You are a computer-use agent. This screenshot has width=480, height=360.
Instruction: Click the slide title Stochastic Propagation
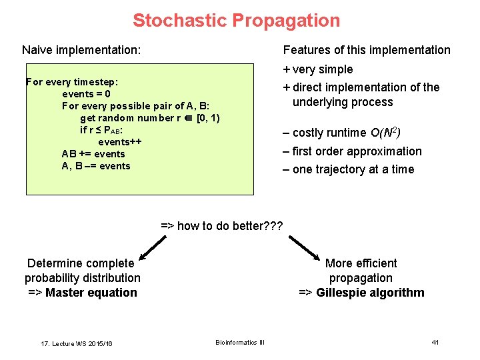(x=236, y=21)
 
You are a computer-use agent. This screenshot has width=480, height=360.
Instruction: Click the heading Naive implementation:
(x=81, y=50)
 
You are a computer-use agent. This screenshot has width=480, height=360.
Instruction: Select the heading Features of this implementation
(x=367, y=50)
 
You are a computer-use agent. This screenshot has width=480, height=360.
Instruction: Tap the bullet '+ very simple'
(x=318, y=69)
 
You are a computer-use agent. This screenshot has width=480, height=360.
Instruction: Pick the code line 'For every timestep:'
(x=72, y=82)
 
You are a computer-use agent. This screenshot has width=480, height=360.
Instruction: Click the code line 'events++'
(x=120, y=142)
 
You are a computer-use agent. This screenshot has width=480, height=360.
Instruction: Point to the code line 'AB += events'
(x=93, y=154)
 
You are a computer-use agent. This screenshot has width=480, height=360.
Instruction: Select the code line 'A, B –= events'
(x=95, y=166)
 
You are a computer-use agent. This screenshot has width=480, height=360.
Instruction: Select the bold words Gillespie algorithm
(x=370, y=293)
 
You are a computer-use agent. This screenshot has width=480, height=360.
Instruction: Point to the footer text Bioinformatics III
(x=240, y=343)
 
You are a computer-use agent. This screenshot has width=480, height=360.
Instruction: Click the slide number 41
(x=435, y=342)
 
